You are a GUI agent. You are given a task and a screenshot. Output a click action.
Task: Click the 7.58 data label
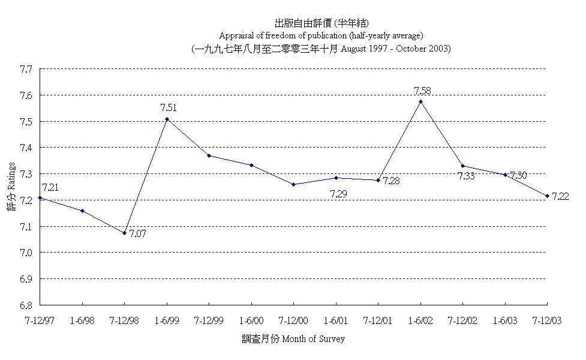coord(422,91)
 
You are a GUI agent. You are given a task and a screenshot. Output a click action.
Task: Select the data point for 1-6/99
coord(167,119)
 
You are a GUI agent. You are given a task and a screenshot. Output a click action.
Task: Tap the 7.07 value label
coord(138,233)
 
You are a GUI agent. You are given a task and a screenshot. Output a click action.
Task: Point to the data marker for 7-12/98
coord(125,233)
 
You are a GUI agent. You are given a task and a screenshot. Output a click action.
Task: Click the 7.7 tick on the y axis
coord(25,70)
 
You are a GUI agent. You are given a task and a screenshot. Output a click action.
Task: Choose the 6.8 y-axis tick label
coord(25,305)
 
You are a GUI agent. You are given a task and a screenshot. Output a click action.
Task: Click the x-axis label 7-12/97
coord(40,321)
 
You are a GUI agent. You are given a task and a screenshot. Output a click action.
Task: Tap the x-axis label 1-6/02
coord(420,321)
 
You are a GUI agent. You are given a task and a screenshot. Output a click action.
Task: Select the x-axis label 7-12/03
coord(547,321)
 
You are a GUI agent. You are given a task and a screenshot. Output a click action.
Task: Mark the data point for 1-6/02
coord(420,101)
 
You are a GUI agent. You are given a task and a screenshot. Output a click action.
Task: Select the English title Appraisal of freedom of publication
coord(321,35)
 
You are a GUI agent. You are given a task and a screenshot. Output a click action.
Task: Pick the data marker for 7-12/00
coord(293,184)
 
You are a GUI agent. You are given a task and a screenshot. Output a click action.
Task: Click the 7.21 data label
coord(50,188)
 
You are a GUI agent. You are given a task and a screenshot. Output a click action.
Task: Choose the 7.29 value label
coord(339,194)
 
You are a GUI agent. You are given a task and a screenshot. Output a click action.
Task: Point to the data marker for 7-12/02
coord(462,166)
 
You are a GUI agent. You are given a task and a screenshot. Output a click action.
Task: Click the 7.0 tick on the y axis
coord(25,253)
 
